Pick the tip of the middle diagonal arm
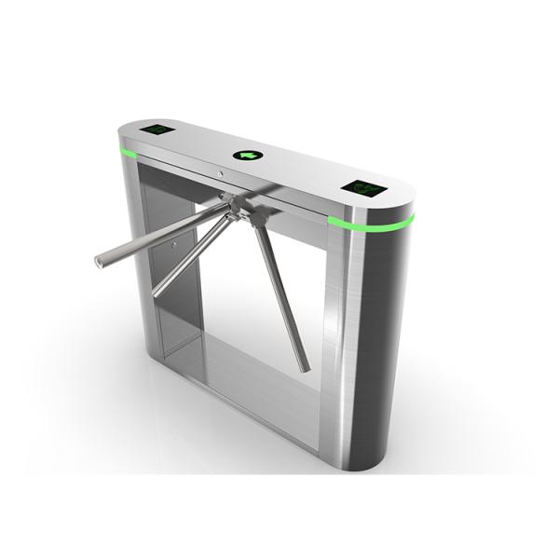(x=157, y=293)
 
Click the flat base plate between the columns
(x=242, y=373)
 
